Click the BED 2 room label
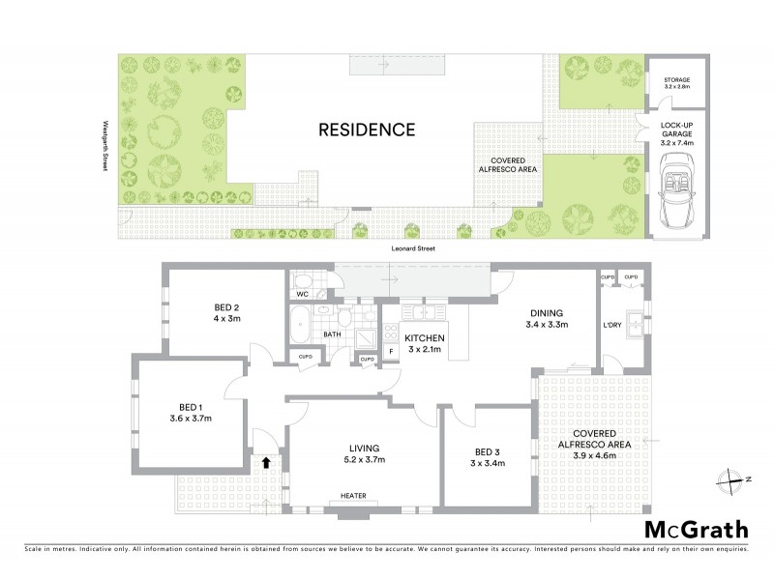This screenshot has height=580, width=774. (x=227, y=308)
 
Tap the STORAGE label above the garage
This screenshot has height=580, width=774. (x=676, y=80)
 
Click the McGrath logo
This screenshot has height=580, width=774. (x=696, y=529)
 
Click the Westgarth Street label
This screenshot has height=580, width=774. (x=104, y=147)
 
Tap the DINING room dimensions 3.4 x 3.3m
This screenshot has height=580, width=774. (x=547, y=325)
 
